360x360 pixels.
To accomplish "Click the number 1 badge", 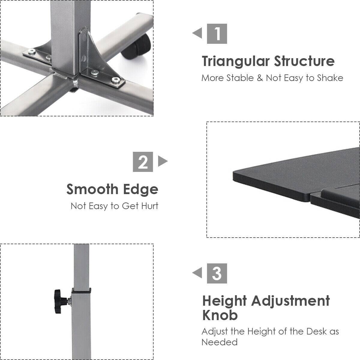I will (x=217, y=34).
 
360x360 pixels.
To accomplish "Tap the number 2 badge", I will (x=143, y=162).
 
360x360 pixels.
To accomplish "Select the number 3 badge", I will (x=217, y=273).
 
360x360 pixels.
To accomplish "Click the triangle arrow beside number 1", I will (x=198, y=33).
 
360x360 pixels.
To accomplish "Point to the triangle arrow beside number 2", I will (x=162, y=161).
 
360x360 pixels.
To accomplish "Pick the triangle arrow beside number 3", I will (x=198, y=273).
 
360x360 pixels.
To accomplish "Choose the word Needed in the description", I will (x=219, y=342).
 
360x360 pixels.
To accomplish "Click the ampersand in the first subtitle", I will (x=260, y=78).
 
